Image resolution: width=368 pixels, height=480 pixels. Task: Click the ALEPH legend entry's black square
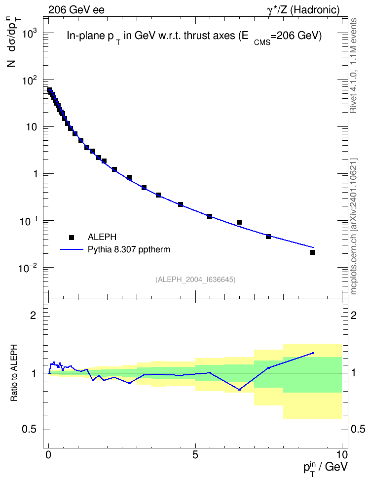pyautogui.click(x=72, y=237)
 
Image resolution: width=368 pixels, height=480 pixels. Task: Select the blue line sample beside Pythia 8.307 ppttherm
pyautogui.click(x=72, y=249)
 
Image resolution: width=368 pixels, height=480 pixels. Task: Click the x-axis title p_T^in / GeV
pyautogui.click(x=325, y=467)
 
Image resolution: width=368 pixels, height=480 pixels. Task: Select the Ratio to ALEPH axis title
pyautogui.click(x=14, y=373)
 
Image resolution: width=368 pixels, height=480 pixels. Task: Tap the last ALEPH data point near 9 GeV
pyautogui.click(x=313, y=252)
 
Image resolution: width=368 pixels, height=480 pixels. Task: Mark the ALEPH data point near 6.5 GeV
pyautogui.click(x=239, y=222)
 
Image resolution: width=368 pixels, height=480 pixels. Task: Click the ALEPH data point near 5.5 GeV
pyautogui.click(x=210, y=216)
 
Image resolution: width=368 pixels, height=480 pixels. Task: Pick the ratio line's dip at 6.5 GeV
pyautogui.click(x=239, y=390)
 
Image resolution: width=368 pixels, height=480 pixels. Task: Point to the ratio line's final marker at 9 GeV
pyautogui.click(x=313, y=353)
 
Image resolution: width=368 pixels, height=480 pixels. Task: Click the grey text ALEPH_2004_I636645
pyautogui.click(x=195, y=280)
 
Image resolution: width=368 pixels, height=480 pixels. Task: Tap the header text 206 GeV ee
pyautogui.click(x=76, y=10)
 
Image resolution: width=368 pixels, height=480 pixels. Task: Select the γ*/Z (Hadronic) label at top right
pyautogui.click(x=303, y=10)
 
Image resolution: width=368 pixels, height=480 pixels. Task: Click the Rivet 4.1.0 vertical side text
pyautogui.click(x=353, y=66)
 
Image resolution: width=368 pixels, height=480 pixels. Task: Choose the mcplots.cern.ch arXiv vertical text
pyautogui.click(x=354, y=227)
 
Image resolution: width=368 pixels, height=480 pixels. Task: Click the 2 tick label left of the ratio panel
pyautogui.click(x=33, y=315)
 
